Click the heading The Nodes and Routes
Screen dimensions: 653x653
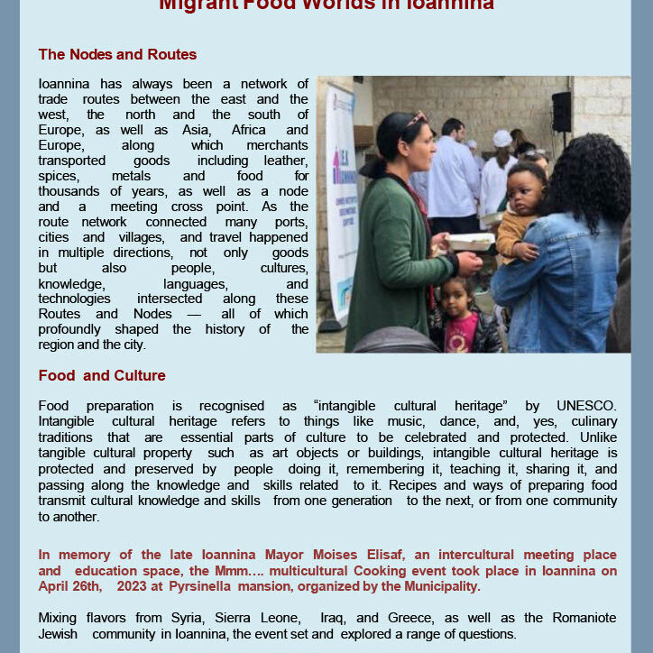coord(117,55)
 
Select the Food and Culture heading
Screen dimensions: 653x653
coord(102,375)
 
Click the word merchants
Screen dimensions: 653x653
coord(279,144)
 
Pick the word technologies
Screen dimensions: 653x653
coord(75,299)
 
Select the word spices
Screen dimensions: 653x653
coord(58,176)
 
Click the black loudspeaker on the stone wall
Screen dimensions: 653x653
coord(561,111)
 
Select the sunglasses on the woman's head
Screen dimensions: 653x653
coord(416,119)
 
